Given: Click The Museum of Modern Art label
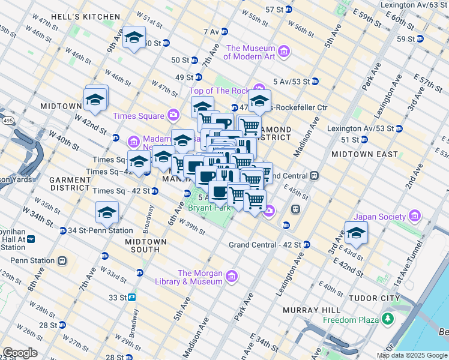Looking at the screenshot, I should (250, 53).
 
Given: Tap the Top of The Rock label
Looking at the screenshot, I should (219, 91).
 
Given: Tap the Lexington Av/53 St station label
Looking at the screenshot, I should (360, 128).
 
